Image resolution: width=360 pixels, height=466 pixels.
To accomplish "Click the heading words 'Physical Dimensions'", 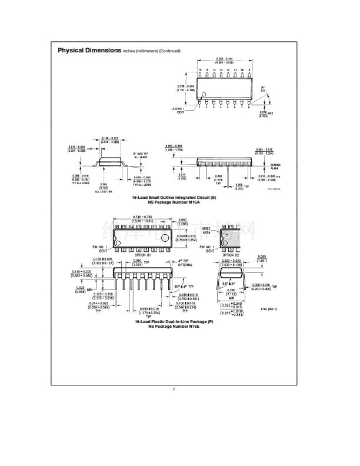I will pyautogui.click(x=89, y=51).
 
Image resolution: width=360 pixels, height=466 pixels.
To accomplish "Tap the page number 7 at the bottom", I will pyautogui.click(x=174, y=390).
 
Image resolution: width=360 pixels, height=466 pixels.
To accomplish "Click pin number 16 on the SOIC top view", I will pyautogui.click(x=200, y=70).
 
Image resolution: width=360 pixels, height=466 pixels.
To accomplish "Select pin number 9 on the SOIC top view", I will pyautogui.click(x=249, y=70).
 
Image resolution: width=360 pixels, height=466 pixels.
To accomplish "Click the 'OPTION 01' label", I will pyautogui.click(x=143, y=255).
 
